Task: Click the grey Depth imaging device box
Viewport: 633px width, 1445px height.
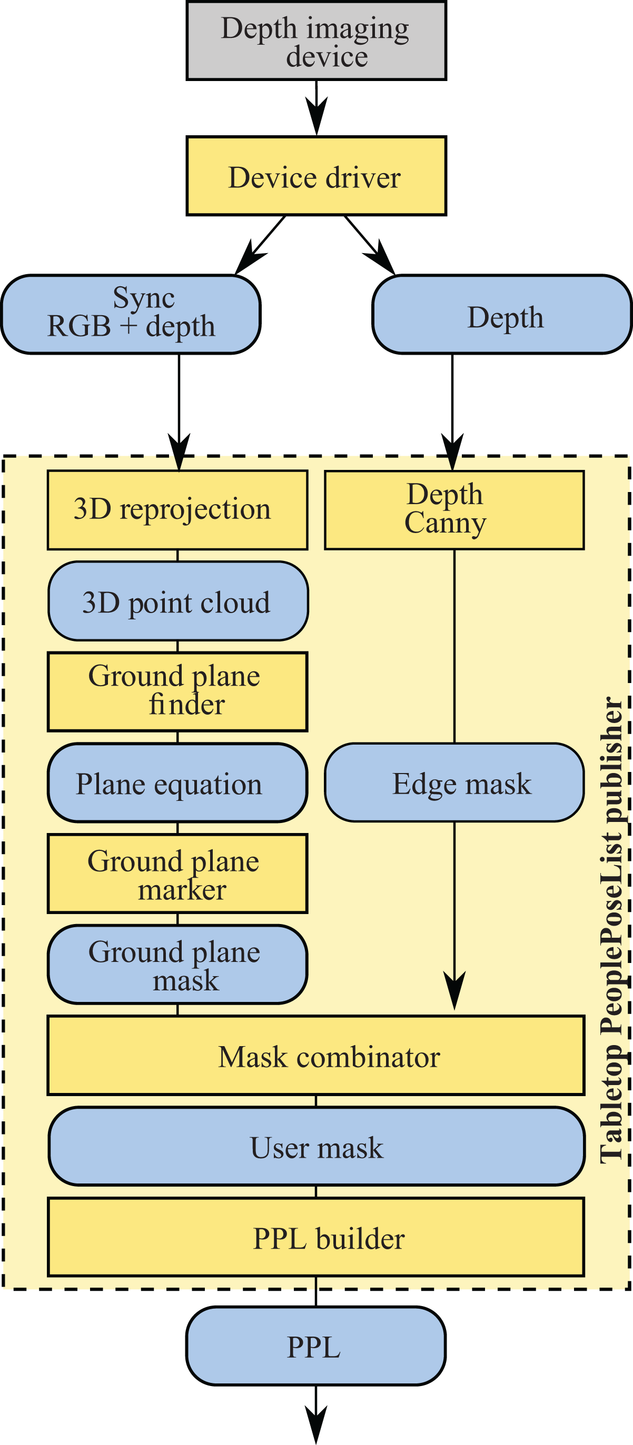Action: [x=316, y=41]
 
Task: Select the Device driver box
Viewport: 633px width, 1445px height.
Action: [x=316, y=176]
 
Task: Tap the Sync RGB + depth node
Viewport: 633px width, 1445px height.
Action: [x=131, y=314]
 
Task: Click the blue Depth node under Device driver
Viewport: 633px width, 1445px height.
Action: [x=502, y=314]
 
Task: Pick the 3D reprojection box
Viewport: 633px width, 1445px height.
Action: [x=177, y=510]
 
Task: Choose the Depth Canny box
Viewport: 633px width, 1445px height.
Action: [x=454, y=510]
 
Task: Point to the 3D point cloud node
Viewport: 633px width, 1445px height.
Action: [x=178, y=601]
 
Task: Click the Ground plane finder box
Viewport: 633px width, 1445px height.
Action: [x=177, y=691]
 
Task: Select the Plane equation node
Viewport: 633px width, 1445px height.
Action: [x=177, y=782]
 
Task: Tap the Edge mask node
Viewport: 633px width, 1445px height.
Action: [x=454, y=782]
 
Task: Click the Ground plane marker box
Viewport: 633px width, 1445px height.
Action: [x=177, y=874]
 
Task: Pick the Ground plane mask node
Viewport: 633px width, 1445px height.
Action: [x=177, y=964]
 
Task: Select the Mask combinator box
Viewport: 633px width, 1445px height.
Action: [x=316, y=1055]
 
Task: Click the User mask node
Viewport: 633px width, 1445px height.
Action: [x=316, y=1146]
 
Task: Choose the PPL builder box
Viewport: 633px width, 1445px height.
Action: [x=316, y=1237]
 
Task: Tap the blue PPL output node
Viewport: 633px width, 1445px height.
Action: [x=316, y=1346]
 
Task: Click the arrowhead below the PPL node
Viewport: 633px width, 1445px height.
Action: [x=316, y=1425]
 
